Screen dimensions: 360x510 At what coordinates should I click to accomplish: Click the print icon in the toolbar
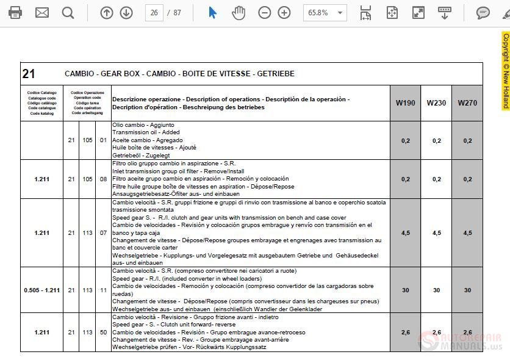(15, 12)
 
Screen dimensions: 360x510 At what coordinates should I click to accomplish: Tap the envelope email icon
(42, 12)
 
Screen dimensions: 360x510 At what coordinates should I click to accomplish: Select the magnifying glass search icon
(68, 12)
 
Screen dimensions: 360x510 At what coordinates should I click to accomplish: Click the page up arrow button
(107, 12)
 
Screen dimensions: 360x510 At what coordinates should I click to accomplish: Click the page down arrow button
(126, 12)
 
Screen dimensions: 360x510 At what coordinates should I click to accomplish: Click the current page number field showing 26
(154, 12)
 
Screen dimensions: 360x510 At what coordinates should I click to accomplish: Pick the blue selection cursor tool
(212, 12)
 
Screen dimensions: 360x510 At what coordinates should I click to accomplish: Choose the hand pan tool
(238, 12)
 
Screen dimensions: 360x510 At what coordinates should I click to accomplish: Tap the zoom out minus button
(264, 12)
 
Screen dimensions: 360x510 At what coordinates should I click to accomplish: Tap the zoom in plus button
(284, 12)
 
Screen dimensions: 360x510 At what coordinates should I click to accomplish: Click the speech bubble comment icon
(483, 12)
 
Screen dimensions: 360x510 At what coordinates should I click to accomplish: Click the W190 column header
(405, 103)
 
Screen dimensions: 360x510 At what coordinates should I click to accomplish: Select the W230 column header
(436, 103)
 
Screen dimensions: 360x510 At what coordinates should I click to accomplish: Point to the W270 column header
(467, 103)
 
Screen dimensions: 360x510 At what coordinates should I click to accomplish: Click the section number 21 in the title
(29, 74)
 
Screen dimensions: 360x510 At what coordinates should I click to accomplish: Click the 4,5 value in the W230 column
(436, 233)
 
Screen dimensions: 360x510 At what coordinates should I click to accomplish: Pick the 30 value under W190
(405, 290)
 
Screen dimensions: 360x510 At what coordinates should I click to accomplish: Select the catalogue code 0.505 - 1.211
(42, 290)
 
